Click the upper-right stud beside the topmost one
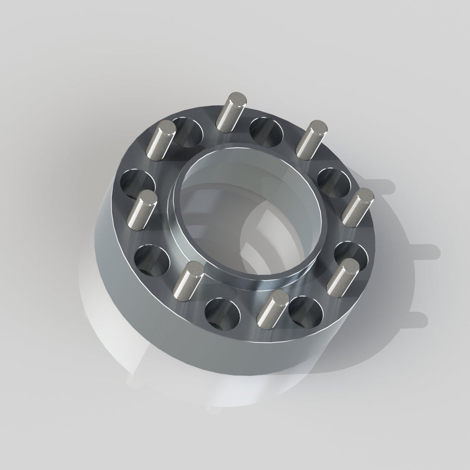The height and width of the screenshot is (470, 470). (x=311, y=139)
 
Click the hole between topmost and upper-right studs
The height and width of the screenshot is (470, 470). (x=266, y=131)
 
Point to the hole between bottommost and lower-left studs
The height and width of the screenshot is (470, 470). (x=222, y=312)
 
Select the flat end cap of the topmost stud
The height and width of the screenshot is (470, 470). (x=238, y=98)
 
